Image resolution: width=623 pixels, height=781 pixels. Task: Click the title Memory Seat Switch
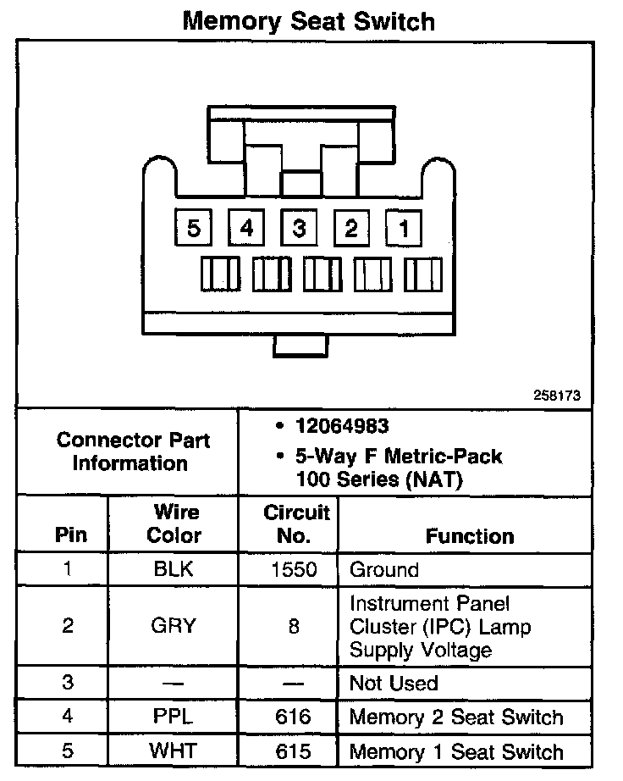pos(309,20)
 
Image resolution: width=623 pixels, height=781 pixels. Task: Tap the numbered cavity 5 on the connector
pos(194,227)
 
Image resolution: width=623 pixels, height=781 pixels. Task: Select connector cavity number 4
pos(246,227)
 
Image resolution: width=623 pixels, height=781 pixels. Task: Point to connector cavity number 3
pos(299,227)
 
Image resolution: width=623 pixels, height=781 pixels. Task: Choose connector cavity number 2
pos(351,227)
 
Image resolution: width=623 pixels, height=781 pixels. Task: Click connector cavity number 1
pos(404,227)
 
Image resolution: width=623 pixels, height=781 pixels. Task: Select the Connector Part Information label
pos(133,451)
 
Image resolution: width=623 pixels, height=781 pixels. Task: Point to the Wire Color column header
pos(174,523)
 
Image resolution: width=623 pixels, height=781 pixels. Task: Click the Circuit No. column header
pos(296,523)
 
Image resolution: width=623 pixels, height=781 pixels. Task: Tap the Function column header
pos(469,536)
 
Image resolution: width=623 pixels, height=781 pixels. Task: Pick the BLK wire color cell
pos(174,569)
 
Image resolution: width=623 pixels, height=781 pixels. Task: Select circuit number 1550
pos(294,569)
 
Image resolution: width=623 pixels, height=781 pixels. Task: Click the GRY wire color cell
pos(174,626)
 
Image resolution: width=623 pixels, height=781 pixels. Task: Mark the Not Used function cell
pos(394,683)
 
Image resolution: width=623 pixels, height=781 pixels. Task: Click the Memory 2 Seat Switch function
pos(455,717)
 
